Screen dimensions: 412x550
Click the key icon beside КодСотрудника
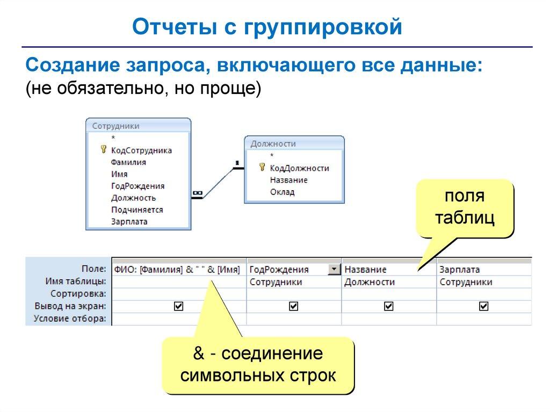[104, 150]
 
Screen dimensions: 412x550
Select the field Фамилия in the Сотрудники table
[128, 162]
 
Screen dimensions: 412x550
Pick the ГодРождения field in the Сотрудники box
[137, 186]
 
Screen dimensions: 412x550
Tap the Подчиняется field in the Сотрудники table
[137, 209]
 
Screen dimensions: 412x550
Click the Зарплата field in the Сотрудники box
[129, 221]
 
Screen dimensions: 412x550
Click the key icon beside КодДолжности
[263, 168]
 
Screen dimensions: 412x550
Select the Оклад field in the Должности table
[282, 192]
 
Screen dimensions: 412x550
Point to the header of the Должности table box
[294, 143]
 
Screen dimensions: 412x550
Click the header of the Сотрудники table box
[138, 126]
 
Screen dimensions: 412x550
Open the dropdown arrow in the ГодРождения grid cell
[335, 269]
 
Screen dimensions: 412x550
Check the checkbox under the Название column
[389, 306]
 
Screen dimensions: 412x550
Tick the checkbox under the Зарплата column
[484, 306]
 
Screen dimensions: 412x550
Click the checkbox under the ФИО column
[179, 306]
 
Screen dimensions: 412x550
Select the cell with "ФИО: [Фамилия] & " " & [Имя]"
[177, 270]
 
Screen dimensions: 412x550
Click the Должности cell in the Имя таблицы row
[370, 282]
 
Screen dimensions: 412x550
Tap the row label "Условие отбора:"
[70, 319]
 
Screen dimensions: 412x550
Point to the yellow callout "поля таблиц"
[465, 208]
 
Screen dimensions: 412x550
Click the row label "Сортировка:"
[78, 294]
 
